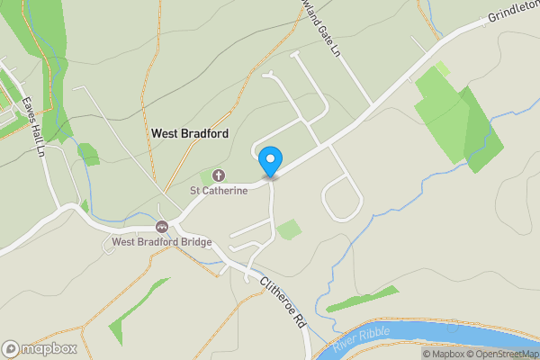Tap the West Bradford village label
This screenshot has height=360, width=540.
190,133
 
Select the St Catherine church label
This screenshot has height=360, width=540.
218,191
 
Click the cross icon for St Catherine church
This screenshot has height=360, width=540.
219,175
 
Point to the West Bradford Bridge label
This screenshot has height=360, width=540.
162,241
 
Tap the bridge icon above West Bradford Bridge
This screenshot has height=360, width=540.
162,226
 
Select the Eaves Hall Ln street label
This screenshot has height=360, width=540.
34,126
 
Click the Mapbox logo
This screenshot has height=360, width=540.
40,348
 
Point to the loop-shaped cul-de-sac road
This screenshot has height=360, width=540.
342,198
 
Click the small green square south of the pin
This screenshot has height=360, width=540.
289,229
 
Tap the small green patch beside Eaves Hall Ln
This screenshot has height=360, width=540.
87,154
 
